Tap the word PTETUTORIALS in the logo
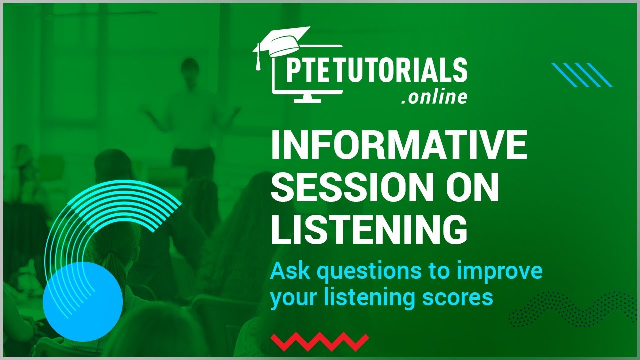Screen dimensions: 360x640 tap(376, 71)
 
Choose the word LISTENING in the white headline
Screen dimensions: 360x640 tap(369, 229)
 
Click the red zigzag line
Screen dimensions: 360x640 tap(320, 342)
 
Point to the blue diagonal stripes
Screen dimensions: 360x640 tap(581, 75)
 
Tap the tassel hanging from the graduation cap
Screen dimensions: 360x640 tap(258, 59)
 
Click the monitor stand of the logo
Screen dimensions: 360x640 tap(307, 98)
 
